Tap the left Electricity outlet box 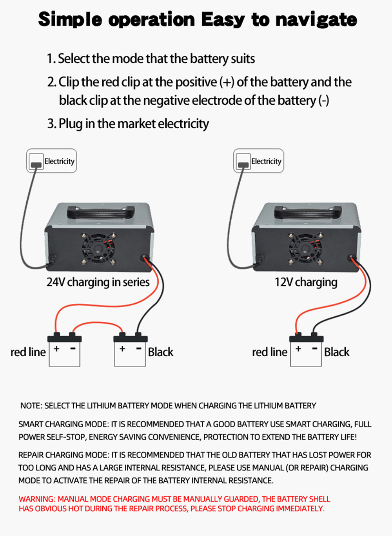(x=51, y=161)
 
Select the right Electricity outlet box (x=258, y=161)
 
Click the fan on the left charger (x=98, y=248)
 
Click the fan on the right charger (x=305, y=248)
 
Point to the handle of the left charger (x=101, y=212)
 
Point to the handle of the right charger (x=308, y=212)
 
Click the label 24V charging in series (x=98, y=282)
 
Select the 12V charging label (x=306, y=282)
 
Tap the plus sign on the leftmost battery (x=57, y=348)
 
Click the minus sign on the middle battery (x=139, y=348)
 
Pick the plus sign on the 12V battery (x=298, y=348)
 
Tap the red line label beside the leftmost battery (x=28, y=352)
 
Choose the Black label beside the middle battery (x=160, y=352)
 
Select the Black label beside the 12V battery (x=336, y=352)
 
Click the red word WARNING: (x=37, y=499)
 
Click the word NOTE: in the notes (x=31, y=406)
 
